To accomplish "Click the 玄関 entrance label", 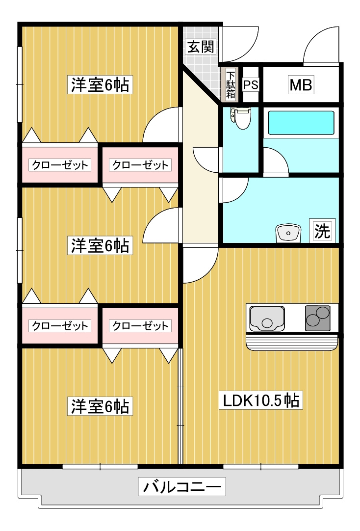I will (x=200, y=47).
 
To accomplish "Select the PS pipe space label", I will (x=251, y=85).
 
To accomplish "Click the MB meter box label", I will (x=301, y=85).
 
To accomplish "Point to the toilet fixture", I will (x=241, y=118).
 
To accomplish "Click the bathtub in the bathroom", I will (x=301, y=123).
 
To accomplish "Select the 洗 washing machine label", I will (x=322, y=231).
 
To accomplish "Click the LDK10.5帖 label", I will (x=261, y=401).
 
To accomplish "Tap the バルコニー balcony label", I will (x=182, y=487).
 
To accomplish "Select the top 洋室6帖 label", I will (x=100, y=85).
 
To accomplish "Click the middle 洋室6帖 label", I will (x=100, y=245).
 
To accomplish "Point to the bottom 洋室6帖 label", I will (x=100, y=406).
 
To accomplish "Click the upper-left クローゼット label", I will (x=60, y=165).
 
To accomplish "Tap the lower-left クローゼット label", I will (x=60, y=325).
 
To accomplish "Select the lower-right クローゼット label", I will (x=140, y=325).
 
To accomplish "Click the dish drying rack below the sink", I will (x=292, y=342).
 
